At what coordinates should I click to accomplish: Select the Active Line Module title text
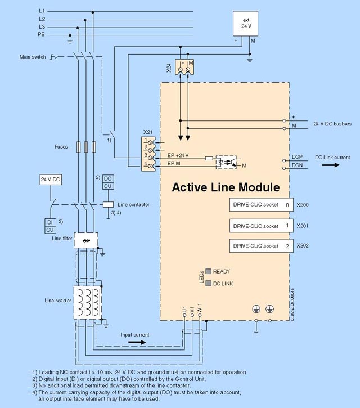pos(226,186)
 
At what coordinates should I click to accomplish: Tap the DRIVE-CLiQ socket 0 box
pos(261,205)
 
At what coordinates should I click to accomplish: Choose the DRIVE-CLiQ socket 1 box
pos(261,226)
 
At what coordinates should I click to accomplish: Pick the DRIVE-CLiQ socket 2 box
pos(261,246)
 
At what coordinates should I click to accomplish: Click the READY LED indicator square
pos(208,271)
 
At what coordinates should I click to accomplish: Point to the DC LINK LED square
pos(208,283)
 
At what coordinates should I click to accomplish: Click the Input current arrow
pos(135,341)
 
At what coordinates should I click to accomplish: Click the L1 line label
pos(42,11)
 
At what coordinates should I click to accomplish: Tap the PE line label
pos(42,34)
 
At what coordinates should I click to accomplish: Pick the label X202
pos(302,246)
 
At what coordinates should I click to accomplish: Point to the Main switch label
pos(33,57)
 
